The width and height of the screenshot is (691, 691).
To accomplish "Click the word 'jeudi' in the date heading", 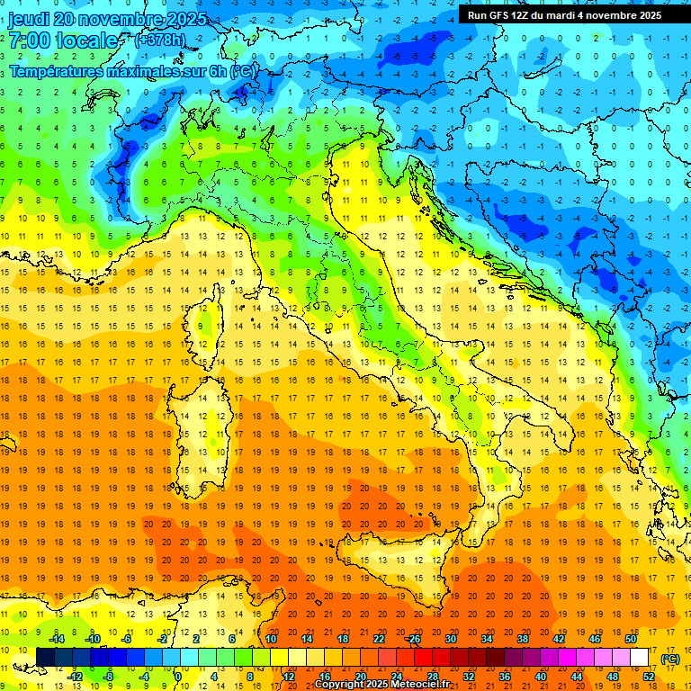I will pyautogui.click(x=28, y=19).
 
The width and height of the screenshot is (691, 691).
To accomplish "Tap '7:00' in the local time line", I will pyautogui.click(x=28, y=40).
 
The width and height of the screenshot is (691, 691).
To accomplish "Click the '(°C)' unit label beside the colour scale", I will pyautogui.click(x=670, y=659).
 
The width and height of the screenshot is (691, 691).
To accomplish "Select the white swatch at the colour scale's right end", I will pyautogui.click(x=639, y=658).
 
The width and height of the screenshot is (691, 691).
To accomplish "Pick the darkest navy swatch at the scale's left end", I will pyautogui.click(x=45, y=658).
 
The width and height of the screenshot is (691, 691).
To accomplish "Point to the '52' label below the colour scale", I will pyautogui.click(x=648, y=677).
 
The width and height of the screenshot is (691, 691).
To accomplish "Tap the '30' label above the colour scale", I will pyautogui.click(x=450, y=639).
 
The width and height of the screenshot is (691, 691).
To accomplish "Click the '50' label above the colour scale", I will pyautogui.click(x=630, y=639).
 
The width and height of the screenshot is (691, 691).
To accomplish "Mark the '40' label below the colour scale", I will pyautogui.click(x=540, y=677).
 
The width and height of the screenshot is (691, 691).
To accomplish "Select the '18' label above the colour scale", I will pyautogui.click(x=342, y=639).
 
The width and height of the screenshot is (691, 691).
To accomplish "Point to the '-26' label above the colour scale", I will pyautogui.click(x=413, y=639).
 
